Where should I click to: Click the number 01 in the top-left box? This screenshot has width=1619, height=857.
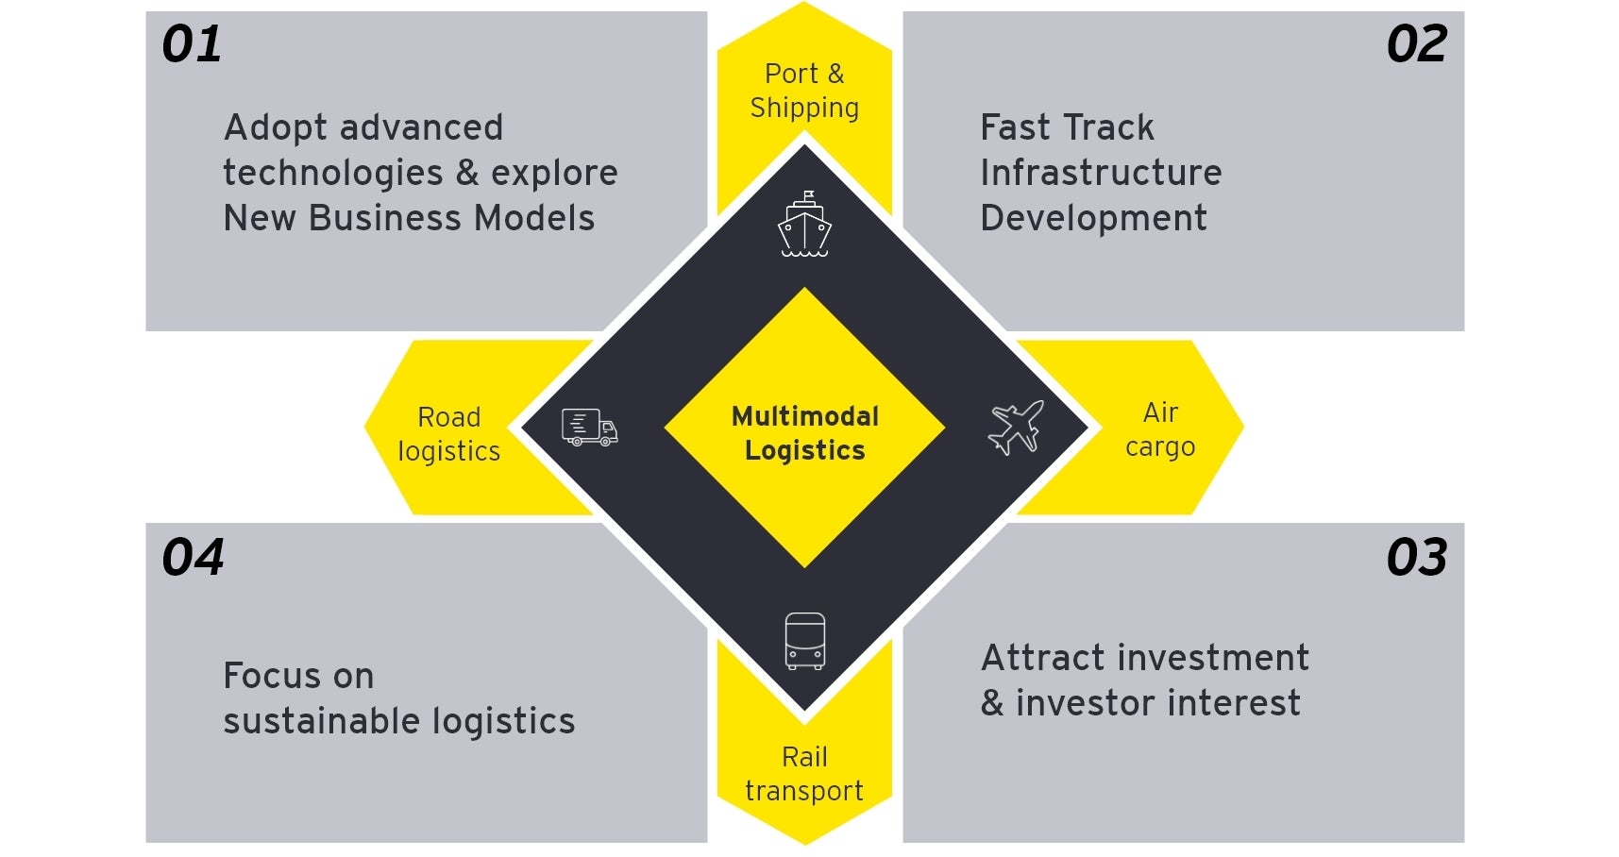pos(192,44)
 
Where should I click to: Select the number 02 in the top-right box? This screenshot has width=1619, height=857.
pos(1416,44)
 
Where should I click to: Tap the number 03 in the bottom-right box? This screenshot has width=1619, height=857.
pos(1416,558)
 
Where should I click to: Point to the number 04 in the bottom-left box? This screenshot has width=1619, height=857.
pos(193,558)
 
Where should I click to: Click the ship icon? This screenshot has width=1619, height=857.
pos(804,225)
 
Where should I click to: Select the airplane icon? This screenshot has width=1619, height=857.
pos(1016,427)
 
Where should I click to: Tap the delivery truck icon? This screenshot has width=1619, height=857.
pos(590,428)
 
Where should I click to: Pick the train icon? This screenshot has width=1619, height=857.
pos(804,641)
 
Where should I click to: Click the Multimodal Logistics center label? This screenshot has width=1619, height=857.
pos(804,433)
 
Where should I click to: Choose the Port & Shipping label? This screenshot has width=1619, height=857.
pos(804,91)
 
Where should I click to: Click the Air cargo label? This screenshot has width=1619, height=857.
pos(1160,429)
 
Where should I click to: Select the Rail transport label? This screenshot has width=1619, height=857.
pos(804,774)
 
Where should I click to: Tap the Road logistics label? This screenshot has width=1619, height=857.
pos(449,434)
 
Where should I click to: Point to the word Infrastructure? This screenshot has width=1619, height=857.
pos(1101,173)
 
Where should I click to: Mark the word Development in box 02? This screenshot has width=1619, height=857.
pos(1093,218)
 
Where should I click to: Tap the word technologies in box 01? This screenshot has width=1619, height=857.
pos(332,173)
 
